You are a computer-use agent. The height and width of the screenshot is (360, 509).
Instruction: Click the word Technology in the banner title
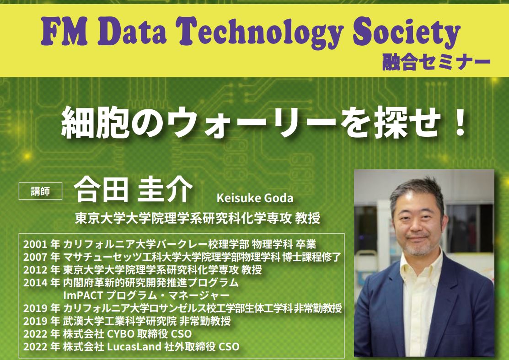(260, 33)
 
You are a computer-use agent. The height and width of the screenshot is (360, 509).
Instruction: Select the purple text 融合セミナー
(436, 62)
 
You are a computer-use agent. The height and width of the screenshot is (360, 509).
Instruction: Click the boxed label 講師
(41, 191)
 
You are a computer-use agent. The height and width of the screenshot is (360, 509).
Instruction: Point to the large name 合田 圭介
(134, 189)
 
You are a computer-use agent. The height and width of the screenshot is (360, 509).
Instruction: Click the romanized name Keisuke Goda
(255, 198)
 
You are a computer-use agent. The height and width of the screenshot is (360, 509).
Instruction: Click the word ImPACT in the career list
(83, 296)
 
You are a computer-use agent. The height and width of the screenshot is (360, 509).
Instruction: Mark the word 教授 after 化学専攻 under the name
(308, 218)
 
